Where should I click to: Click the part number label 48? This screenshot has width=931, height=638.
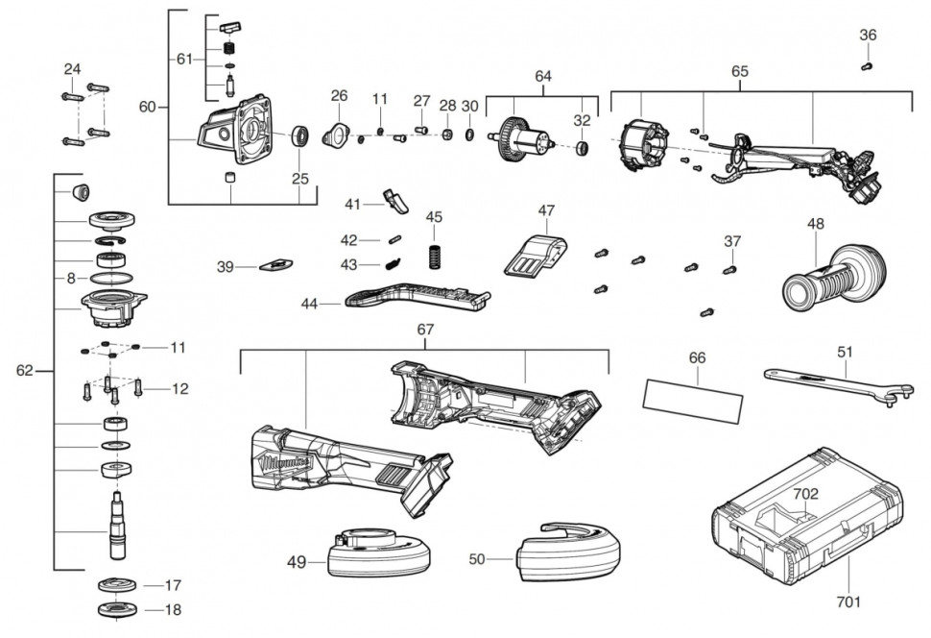click(x=815, y=224)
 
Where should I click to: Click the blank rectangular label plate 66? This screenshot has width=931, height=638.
click(x=693, y=398)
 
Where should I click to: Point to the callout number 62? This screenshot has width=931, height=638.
click(x=25, y=370)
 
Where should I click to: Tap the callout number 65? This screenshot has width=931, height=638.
click(x=739, y=72)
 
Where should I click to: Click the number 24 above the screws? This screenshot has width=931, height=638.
click(x=73, y=69)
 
